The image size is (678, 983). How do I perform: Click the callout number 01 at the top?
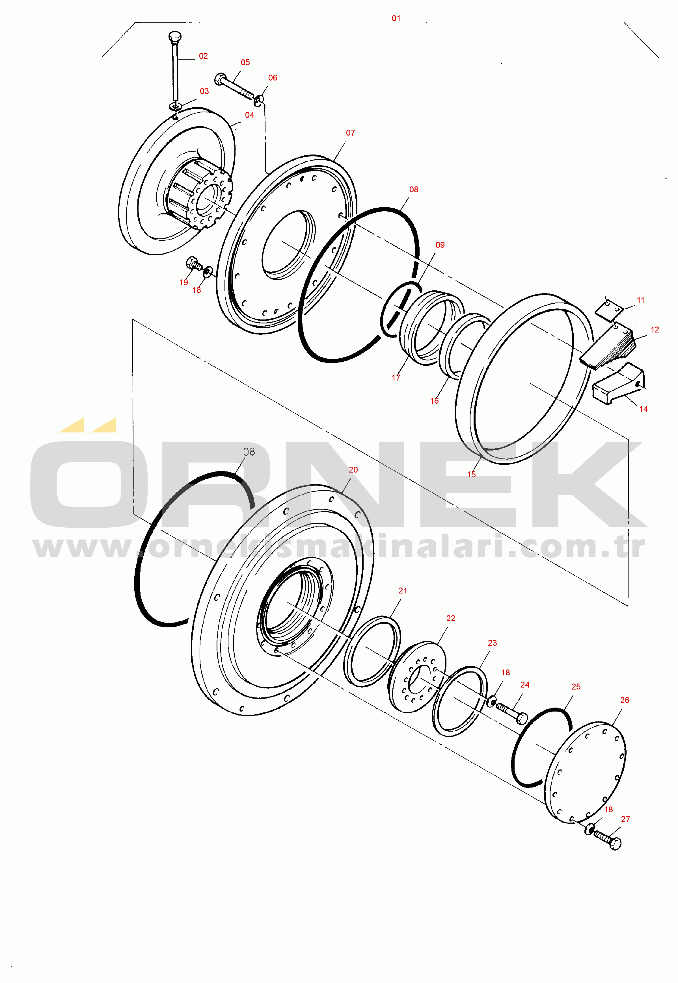coord(396,19)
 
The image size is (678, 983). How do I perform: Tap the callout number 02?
coord(204,56)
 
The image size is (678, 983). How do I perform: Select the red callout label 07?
coord(351,133)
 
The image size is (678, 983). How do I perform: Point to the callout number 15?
coord(472,475)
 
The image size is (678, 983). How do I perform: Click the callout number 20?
coord(353,470)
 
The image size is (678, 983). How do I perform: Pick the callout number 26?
coord(625,700)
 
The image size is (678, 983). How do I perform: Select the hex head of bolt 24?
coord(522,718)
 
